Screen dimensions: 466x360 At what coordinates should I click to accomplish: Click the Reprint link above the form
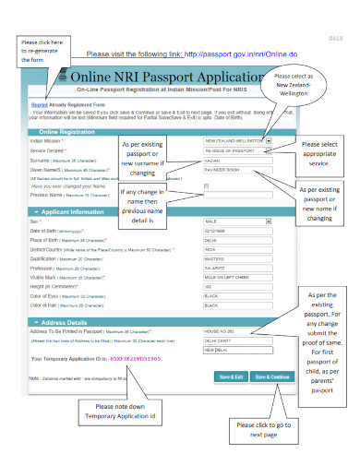tap(39, 105)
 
